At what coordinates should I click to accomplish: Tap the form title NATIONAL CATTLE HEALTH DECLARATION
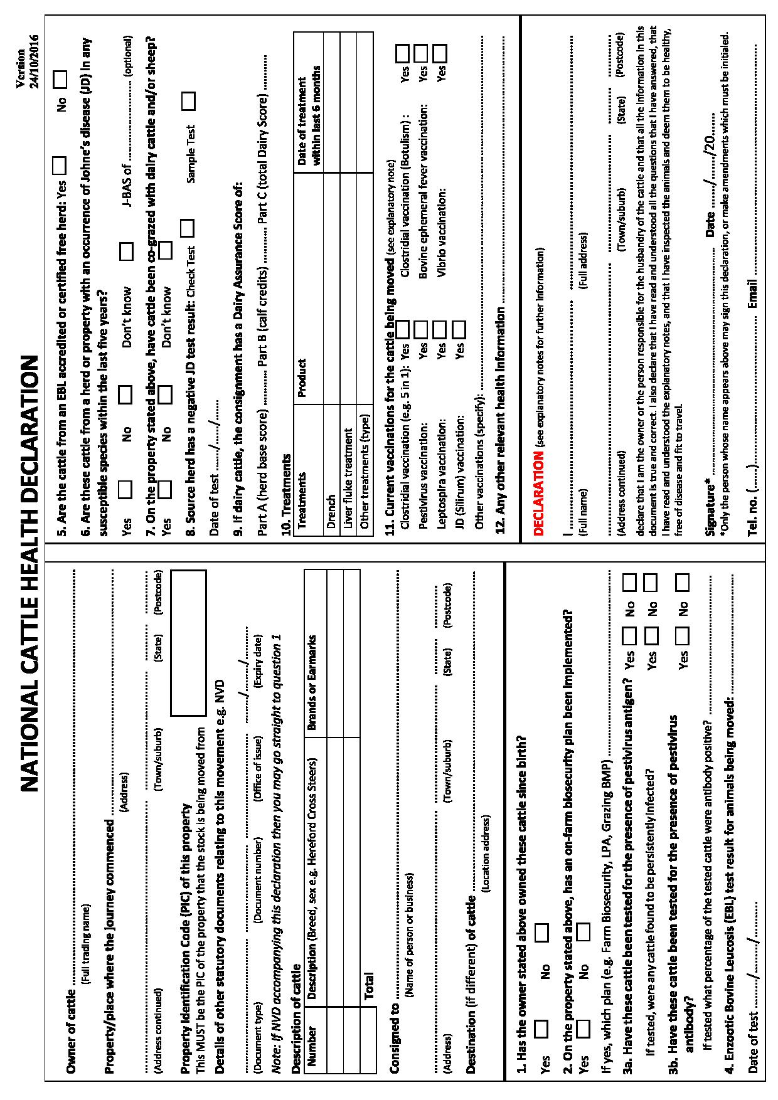30,574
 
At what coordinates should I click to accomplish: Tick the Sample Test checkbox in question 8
187,100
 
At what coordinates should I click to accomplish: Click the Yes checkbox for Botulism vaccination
403,53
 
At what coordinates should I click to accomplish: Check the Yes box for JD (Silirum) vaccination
459,329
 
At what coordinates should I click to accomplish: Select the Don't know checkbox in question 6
127,252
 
